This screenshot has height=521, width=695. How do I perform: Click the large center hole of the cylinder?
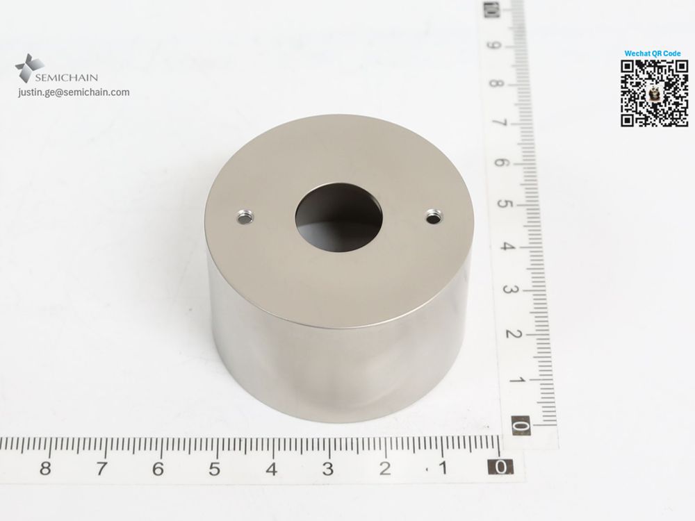[338, 218]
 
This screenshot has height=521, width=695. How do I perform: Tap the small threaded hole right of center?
[434, 217]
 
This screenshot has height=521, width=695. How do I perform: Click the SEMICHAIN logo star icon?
[29, 68]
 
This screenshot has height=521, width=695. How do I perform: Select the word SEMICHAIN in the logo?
[67, 78]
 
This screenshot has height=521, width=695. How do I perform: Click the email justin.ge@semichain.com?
[74, 92]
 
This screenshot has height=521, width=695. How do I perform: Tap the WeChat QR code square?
[654, 94]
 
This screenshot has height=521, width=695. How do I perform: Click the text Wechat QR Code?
[653, 53]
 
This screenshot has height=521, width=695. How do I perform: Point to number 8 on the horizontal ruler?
[44, 468]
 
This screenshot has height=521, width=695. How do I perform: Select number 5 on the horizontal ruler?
[215, 469]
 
